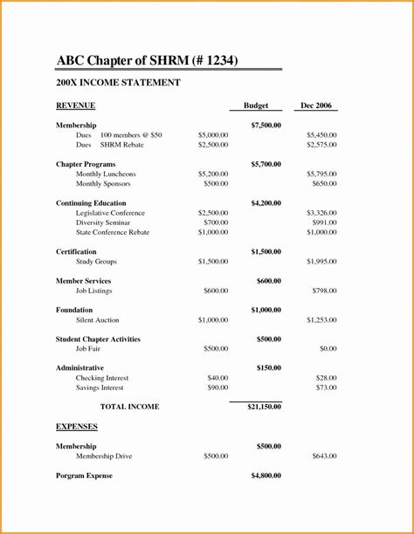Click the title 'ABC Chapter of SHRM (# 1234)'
click(x=147, y=60)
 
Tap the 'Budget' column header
click(x=256, y=106)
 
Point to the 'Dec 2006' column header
click(x=317, y=106)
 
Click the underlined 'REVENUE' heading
click(x=76, y=106)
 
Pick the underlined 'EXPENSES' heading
click(x=77, y=427)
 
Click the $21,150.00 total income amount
click(x=264, y=407)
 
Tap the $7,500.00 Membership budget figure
click(x=266, y=126)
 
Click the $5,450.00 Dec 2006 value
click(x=321, y=135)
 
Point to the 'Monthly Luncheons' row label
click(x=106, y=175)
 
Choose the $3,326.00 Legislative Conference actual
click(x=321, y=213)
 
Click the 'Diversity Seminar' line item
click(x=104, y=222)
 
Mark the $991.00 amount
click(x=324, y=222)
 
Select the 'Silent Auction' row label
click(x=98, y=320)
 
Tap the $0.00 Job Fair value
click(x=328, y=349)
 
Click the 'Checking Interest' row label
click(x=102, y=378)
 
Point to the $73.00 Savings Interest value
click(x=326, y=387)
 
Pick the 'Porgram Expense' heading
click(x=85, y=476)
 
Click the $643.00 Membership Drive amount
click(x=324, y=456)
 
